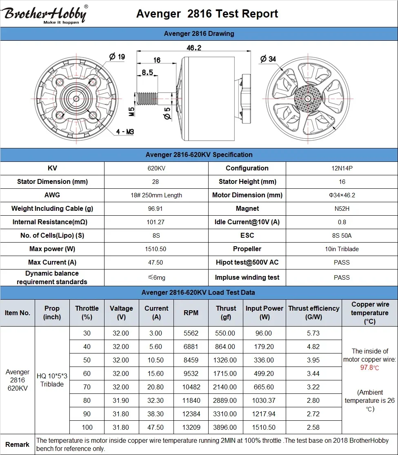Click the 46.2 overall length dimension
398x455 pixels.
coord(194,48)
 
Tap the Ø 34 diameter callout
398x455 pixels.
coord(268,59)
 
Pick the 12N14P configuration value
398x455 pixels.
coord(342,168)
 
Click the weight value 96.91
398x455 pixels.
coord(156,208)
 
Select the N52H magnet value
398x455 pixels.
coord(342,208)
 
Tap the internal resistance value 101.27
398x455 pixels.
coord(156,222)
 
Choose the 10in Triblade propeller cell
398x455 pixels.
coord(342,249)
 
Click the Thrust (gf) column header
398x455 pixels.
coord(226,313)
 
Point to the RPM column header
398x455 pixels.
coord(191,313)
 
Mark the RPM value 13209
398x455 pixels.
coord(191,427)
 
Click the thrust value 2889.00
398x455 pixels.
coord(226,400)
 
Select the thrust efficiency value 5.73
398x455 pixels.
coord(313,333)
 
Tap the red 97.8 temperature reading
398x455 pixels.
coord(369,368)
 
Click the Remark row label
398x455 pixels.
coord(18,444)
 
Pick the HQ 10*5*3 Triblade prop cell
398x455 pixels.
coord(52,380)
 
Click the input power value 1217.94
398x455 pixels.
coord(264,414)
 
